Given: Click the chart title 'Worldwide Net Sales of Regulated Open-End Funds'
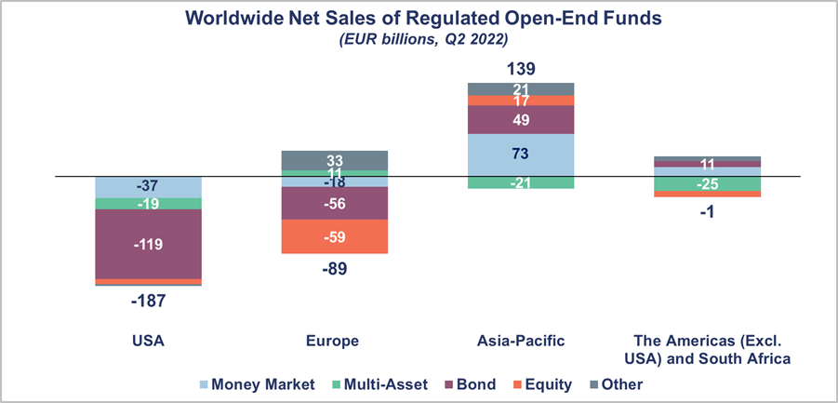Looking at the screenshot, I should [419, 18].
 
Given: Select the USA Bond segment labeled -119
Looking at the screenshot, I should [149, 244].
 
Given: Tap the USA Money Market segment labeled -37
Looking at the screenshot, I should [149, 187].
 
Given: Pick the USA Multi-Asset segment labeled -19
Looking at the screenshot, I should [149, 203].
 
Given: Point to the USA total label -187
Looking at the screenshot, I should [149, 300].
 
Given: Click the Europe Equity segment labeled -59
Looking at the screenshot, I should [335, 236].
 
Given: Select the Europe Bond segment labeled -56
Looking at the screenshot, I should [335, 204].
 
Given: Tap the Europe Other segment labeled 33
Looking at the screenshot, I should [335, 160].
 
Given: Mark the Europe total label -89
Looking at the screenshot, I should [335, 269].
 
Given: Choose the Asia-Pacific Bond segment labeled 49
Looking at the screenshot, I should [521, 119].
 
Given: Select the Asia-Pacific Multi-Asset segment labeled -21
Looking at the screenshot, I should [521, 182].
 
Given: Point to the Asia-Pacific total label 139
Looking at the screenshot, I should [521, 70].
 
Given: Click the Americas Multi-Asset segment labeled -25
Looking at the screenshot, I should [707, 183].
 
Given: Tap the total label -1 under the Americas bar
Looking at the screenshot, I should [707, 210].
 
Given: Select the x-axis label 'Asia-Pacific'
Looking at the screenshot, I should [521, 341].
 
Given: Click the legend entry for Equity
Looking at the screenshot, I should [540, 383].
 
